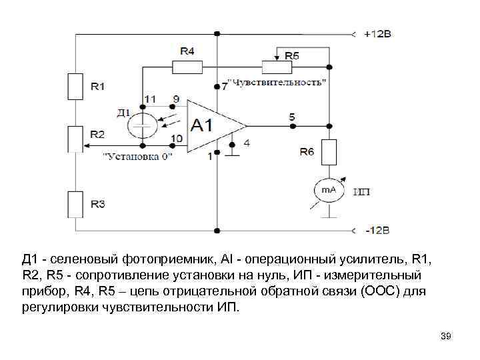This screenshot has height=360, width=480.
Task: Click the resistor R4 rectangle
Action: tap(188, 66)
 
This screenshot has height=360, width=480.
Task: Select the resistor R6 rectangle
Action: tap(329, 152)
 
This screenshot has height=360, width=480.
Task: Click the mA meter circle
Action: tap(329, 191)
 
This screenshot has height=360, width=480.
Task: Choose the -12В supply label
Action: tap(377, 230)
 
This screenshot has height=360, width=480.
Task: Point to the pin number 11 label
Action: tap(151, 99)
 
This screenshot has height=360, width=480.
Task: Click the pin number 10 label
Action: tap(177, 138)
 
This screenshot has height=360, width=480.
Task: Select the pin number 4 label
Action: tap(247, 142)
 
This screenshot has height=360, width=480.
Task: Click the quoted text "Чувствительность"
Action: tap(277, 83)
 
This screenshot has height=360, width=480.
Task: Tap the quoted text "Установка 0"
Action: tap(137, 156)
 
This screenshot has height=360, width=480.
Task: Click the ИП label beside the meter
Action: tap(362, 192)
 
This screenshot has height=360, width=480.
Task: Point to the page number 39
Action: tap(446, 337)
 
